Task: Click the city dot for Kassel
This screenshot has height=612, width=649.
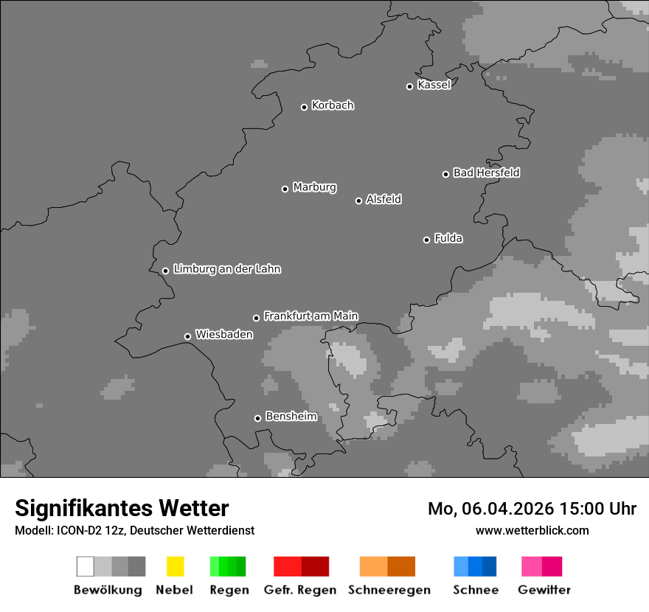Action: pyautogui.click(x=410, y=86)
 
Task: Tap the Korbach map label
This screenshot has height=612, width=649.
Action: pyautogui.click(x=333, y=105)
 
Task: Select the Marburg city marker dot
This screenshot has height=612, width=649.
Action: pyautogui.click(x=285, y=189)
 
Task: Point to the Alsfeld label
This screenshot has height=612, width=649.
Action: pyautogui.click(x=383, y=199)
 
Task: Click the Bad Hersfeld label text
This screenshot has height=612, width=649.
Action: pyautogui.click(x=486, y=173)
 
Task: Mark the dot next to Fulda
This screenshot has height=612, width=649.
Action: pyautogui.click(x=427, y=240)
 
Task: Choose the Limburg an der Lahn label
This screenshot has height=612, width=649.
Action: pyautogui.click(x=226, y=269)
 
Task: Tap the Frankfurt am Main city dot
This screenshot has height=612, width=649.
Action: pyautogui.click(x=257, y=318)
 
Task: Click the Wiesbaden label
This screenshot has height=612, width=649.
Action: pyautogui.click(x=223, y=335)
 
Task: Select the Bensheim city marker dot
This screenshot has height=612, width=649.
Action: pyautogui.click(x=258, y=418)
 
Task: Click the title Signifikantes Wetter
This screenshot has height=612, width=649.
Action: pyautogui.click(x=122, y=508)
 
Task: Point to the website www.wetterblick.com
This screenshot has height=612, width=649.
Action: pyautogui.click(x=532, y=530)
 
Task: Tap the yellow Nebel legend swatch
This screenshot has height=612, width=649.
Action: pyautogui.click(x=175, y=566)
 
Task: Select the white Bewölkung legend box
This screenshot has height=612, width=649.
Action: pyautogui.click(x=85, y=566)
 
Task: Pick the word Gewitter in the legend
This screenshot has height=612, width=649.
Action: pyautogui.click(x=544, y=590)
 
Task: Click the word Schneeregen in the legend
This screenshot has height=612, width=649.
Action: pyautogui.click(x=389, y=590)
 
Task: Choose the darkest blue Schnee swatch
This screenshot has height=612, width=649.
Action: pyautogui.click(x=489, y=566)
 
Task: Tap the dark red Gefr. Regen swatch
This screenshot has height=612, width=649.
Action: pyautogui.click(x=315, y=566)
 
